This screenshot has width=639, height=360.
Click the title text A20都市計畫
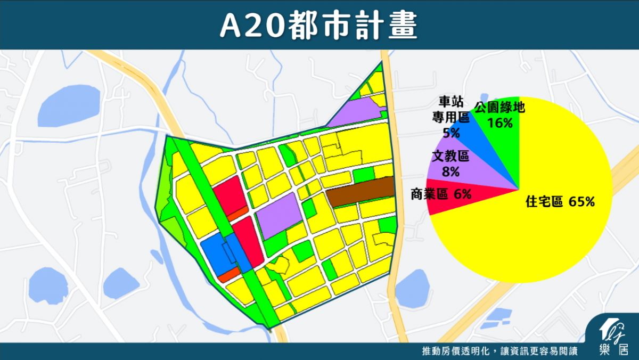coord(319,24)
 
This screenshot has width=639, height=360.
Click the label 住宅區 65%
coord(560,202)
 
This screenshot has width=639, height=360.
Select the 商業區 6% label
coord(440,194)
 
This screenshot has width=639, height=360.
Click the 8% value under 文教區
coord(450,171)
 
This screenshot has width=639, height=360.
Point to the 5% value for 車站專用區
coord(451,133)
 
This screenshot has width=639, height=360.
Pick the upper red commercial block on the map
coord(228,195)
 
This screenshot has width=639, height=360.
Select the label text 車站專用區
coord(450,109)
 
